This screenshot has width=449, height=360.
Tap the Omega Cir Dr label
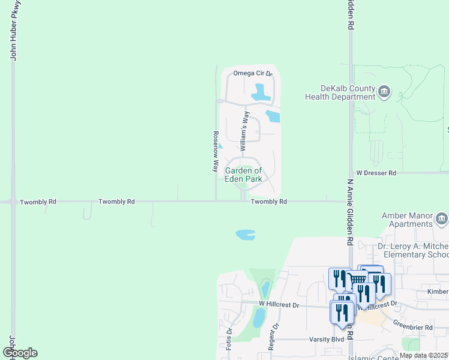(253, 73)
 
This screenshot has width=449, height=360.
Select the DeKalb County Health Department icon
(384, 92)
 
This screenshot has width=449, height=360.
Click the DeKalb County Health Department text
(339, 92)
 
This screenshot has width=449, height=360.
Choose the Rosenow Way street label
(215, 152)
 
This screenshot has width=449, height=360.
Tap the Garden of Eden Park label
(244, 175)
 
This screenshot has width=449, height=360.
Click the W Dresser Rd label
(376, 173)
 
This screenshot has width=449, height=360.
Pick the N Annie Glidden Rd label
(350, 211)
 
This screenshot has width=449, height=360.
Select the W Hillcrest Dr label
(279, 305)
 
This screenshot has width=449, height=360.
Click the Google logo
(20, 353)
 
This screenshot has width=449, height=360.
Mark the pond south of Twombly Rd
(246, 234)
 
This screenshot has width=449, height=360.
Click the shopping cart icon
(358, 280)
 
